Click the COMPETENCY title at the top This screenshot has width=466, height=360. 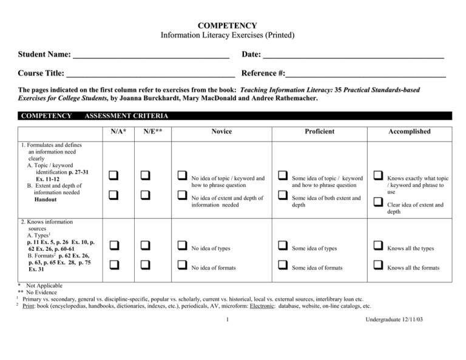coord(233,25)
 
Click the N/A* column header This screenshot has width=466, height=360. coord(119,132)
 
